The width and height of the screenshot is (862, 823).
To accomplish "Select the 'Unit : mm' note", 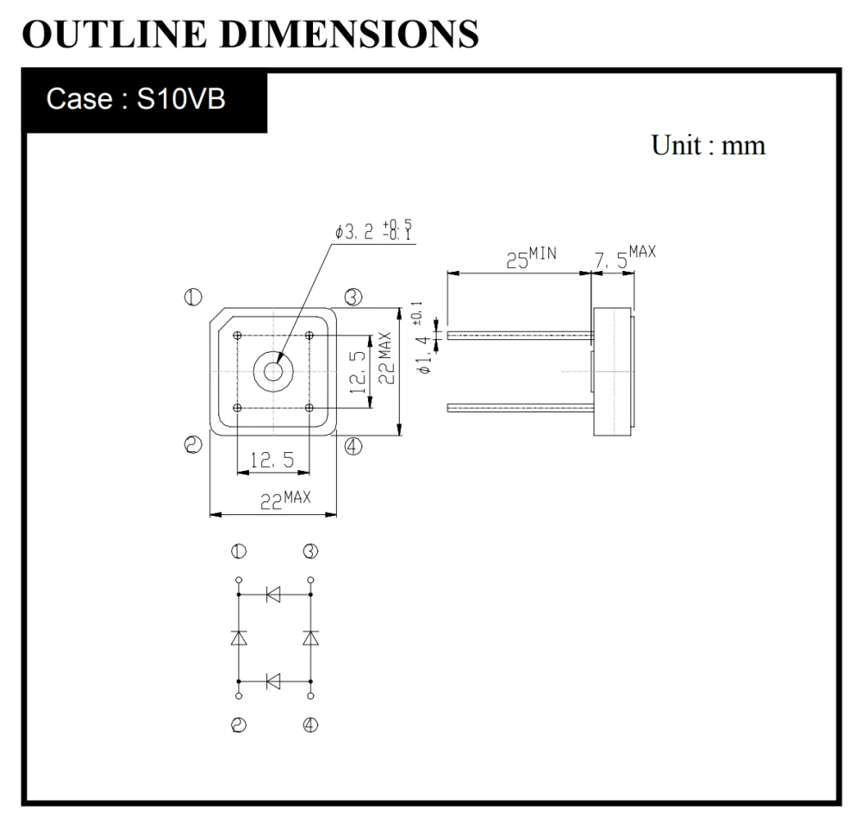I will tap(707, 145).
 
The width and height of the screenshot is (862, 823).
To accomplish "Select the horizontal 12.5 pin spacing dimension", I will tap(272, 462).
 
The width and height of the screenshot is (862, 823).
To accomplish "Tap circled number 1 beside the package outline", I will tap(192, 298).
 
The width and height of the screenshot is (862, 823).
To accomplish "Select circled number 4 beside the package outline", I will tap(353, 446).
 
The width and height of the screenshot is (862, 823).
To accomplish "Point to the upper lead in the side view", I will tap(517, 335).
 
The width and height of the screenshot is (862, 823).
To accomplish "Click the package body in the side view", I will tap(612, 372).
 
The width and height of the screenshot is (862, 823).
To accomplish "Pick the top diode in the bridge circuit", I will tap(273, 594).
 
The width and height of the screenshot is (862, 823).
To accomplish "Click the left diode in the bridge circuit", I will tap(239, 638).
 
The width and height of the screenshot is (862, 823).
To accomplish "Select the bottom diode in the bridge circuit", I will tap(273, 682).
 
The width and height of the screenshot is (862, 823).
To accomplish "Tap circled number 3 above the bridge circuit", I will tap(310, 551).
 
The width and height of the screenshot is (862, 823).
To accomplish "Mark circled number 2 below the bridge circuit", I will tap(239, 726).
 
